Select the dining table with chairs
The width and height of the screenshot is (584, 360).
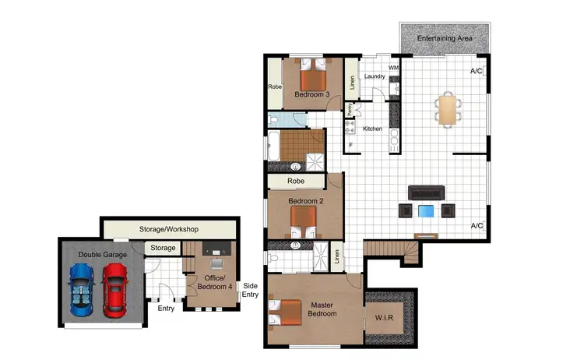coord(447,108)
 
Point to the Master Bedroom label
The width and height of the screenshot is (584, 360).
coord(322,309)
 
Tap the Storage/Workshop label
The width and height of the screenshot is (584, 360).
coord(169,229)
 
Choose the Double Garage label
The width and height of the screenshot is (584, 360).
coord(101,254)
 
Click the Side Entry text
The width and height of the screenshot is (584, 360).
coord(250,290)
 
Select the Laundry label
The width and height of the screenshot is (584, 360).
coord(374,76)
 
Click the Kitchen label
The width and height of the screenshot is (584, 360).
coord(372,129)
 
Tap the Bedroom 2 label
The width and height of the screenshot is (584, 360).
coord(305,201)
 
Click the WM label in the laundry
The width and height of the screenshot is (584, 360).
coord(393,69)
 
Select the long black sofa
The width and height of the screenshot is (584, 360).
coord(426,192)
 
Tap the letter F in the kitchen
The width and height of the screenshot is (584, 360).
coord(351,145)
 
